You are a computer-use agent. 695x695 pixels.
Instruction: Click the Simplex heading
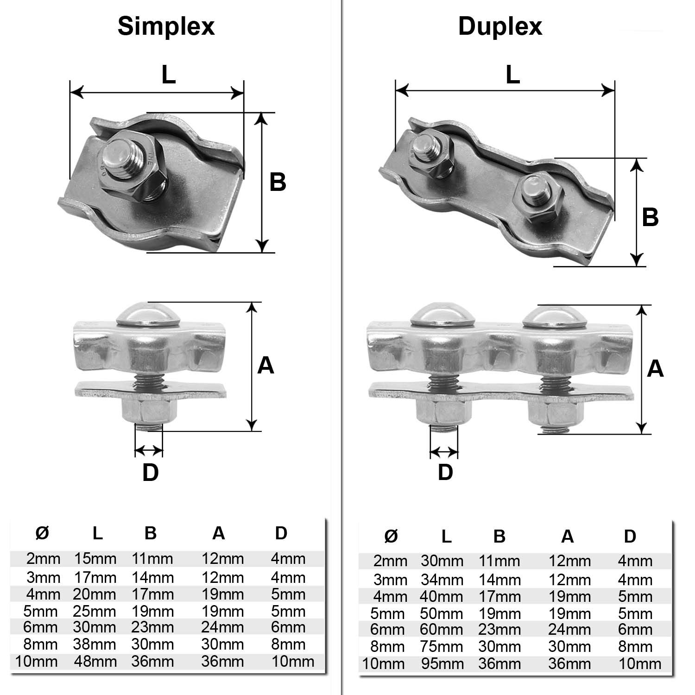click(x=166, y=26)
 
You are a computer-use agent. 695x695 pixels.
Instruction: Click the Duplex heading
click(x=500, y=26)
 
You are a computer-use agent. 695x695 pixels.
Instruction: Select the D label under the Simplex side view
click(x=150, y=473)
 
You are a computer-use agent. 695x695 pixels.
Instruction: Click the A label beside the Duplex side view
click(x=655, y=368)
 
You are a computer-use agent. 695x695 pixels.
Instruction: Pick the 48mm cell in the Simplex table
click(x=95, y=661)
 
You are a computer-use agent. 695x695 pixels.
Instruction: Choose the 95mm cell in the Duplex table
click(x=442, y=664)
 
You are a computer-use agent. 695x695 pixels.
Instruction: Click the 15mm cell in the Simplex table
click(x=95, y=559)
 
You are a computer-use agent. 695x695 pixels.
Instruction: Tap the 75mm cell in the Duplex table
click(x=442, y=647)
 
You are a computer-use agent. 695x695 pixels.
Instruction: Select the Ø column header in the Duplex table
click(x=391, y=536)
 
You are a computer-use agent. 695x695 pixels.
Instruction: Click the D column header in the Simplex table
click(x=281, y=533)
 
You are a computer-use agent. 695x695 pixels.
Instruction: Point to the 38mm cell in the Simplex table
click(x=95, y=644)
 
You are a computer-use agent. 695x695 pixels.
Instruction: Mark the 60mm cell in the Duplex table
click(x=442, y=630)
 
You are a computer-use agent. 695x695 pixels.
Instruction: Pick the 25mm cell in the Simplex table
click(x=95, y=611)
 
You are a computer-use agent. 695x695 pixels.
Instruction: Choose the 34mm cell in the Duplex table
click(x=442, y=580)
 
